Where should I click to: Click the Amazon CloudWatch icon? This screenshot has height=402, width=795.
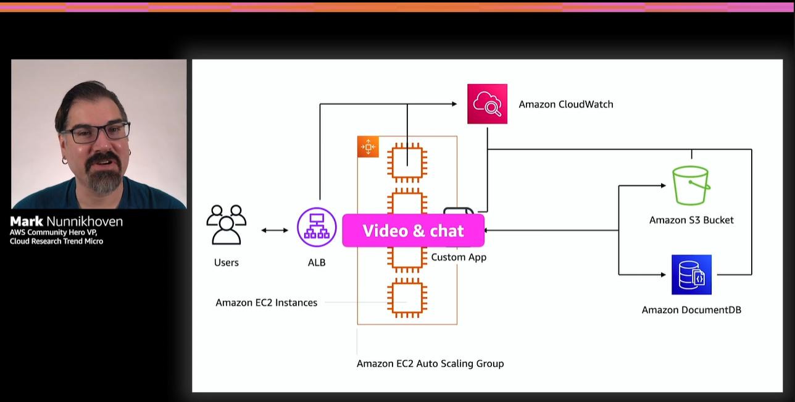click(x=487, y=104)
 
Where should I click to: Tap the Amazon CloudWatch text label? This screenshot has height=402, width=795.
click(x=565, y=104)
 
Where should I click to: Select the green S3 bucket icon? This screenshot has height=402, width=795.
click(x=691, y=185)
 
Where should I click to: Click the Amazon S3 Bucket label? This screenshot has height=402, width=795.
click(x=691, y=220)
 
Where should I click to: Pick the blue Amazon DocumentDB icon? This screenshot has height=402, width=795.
click(x=691, y=275)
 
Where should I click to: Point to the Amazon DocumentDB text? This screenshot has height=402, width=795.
click(x=691, y=310)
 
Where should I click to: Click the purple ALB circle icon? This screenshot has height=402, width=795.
click(x=317, y=227)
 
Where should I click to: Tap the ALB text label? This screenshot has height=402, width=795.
click(x=317, y=262)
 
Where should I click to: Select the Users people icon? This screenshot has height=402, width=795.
click(x=227, y=225)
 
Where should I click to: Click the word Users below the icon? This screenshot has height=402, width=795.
click(x=227, y=262)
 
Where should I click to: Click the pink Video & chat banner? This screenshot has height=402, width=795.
click(x=413, y=231)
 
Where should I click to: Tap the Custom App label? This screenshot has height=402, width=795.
click(x=459, y=257)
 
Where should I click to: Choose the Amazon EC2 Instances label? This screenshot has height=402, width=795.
click(x=267, y=303)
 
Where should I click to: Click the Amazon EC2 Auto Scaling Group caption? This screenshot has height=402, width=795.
click(x=430, y=364)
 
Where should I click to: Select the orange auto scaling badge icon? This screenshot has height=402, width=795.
click(x=368, y=147)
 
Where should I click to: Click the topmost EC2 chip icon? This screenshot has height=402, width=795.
click(x=407, y=164)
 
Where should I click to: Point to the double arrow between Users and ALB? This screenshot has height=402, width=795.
click(x=275, y=230)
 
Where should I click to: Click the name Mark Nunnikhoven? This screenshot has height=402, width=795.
click(x=66, y=222)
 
